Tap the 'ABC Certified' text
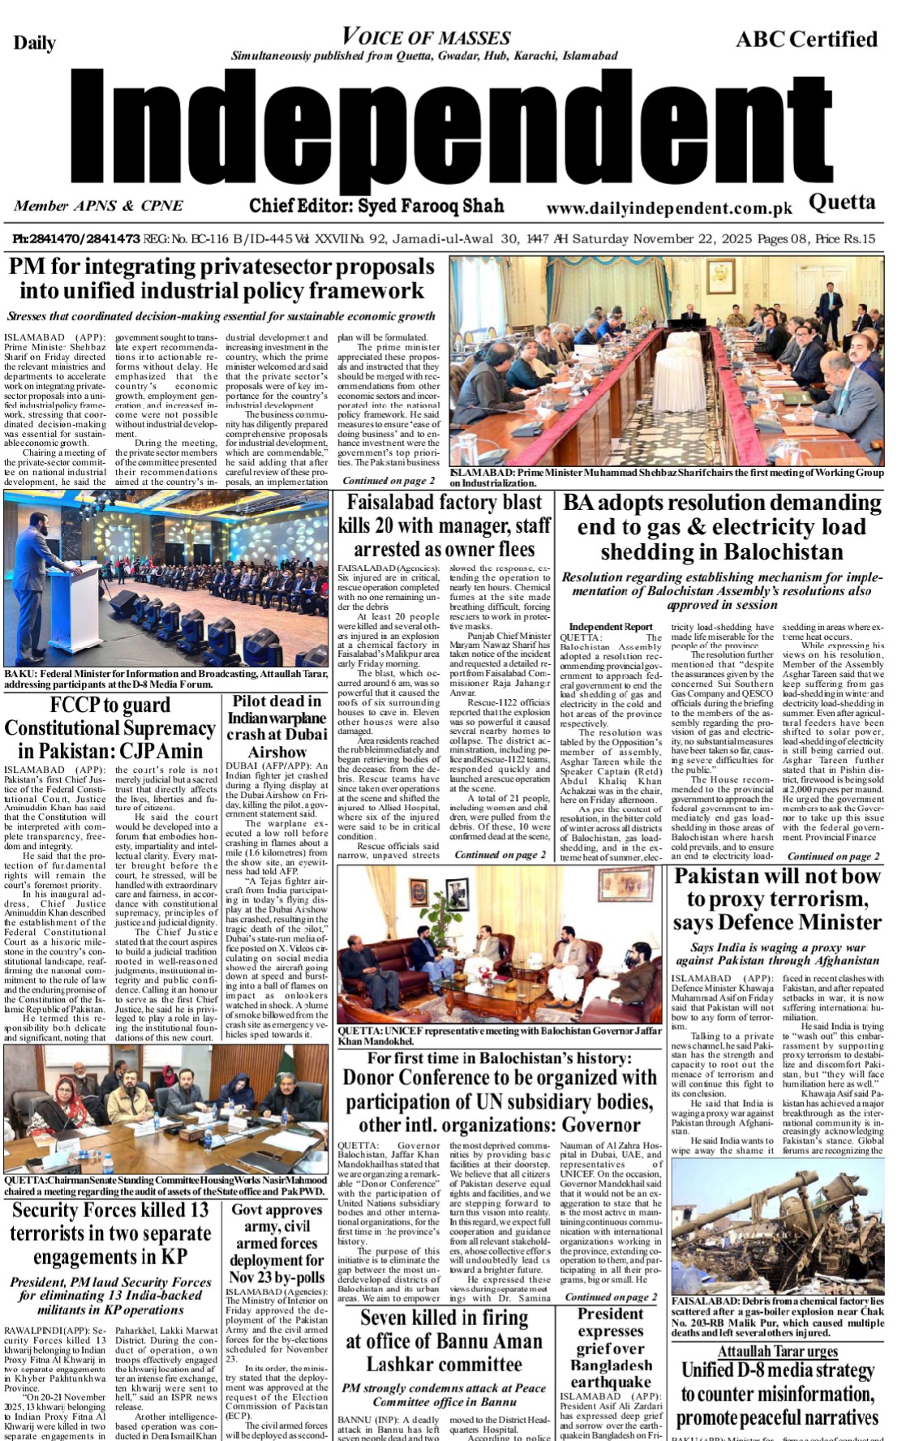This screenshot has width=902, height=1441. point(805,39)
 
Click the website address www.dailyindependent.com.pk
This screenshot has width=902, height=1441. point(668,208)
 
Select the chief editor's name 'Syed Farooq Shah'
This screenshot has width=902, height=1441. point(431,206)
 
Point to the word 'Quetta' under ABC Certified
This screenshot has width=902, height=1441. point(841,202)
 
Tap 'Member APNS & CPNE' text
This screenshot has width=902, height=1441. point(98,206)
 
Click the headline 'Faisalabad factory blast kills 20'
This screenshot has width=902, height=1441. point(444,525)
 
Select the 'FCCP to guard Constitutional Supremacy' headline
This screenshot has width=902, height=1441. point(110,727)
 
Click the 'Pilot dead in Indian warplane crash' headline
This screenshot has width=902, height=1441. point(277,727)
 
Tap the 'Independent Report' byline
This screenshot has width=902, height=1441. point(610,626)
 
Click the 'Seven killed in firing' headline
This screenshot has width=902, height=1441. point(444,1340)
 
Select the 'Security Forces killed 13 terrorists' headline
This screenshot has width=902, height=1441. point(110,1233)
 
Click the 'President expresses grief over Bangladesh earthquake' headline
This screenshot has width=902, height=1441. point(610,1347)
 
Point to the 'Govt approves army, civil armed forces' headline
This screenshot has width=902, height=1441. point(277,1243)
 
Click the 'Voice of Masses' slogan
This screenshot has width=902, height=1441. point(425,37)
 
